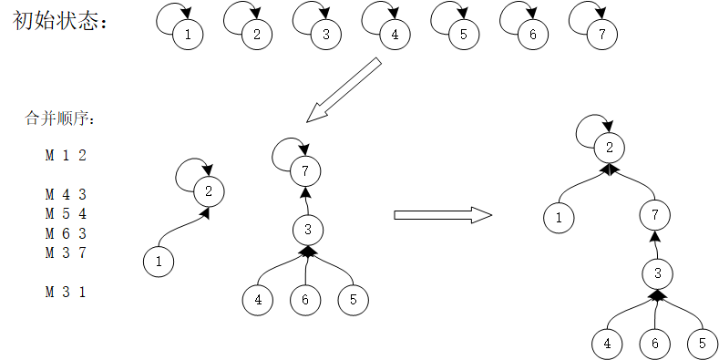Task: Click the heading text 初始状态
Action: pyautogui.click(x=59, y=21)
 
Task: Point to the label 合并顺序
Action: pyautogui.click(x=59, y=119)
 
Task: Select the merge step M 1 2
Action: pyautogui.click(x=66, y=155)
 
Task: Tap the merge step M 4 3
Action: pyautogui.click(x=66, y=194)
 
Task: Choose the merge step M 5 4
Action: pyautogui.click(x=66, y=213)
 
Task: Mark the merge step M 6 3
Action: pyautogui.click(x=66, y=233)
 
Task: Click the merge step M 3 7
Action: pyautogui.click(x=66, y=252)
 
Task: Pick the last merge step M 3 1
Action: pyautogui.click(x=66, y=292)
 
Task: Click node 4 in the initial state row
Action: pyautogui.click(x=395, y=36)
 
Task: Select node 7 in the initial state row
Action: pyautogui.click(x=601, y=36)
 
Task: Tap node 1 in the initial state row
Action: pyautogui.click(x=188, y=36)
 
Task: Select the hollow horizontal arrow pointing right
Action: pyautogui.click(x=442, y=215)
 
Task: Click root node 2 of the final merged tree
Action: pyautogui.click(x=609, y=147)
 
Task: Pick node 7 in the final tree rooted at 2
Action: pyautogui.click(x=654, y=216)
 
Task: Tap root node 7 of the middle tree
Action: pyautogui.click(x=306, y=169)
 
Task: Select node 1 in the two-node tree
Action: pyautogui.click(x=159, y=262)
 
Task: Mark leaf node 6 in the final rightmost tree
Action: pyautogui.click(x=654, y=344)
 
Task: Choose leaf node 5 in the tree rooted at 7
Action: pyautogui.click(x=353, y=298)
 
